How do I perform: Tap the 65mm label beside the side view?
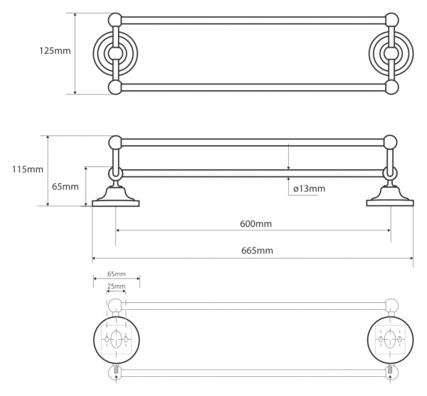tap(65, 186)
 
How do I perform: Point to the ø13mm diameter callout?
tap(309, 188)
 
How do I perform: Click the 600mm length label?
tap(255, 223)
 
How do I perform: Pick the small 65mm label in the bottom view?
tap(117, 274)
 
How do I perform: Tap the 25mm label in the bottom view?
tap(115, 286)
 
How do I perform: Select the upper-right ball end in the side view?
tap(389, 141)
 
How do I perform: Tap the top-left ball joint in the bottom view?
tap(115, 306)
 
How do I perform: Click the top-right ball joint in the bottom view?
tap(389, 306)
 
